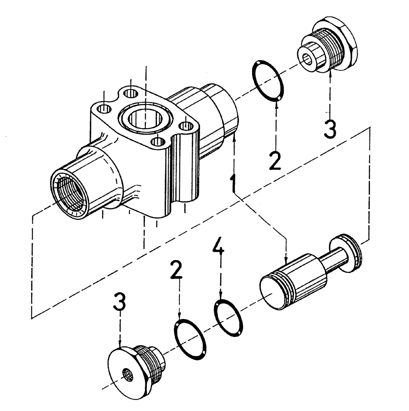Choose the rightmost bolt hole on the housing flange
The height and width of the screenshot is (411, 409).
click(x=186, y=125)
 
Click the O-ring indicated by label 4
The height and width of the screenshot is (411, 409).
click(x=228, y=317)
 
